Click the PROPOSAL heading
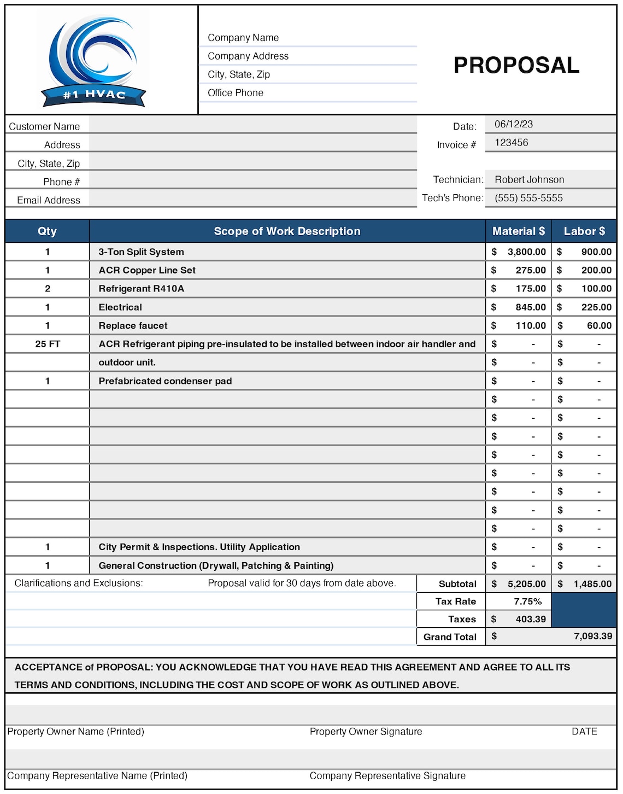[x=516, y=65]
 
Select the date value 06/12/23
[x=513, y=124]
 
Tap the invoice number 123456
[x=511, y=143]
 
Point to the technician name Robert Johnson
[x=529, y=179]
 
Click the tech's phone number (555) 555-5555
[x=528, y=198]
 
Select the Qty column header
[x=47, y=231]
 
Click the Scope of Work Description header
[x=287, y=231]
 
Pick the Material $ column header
[x=518, y=231]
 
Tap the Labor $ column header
[x=584, y=231]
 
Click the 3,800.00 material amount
[x=526, y=252]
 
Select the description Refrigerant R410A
[x=141, y=289]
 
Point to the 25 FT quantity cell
[x=48, y=344]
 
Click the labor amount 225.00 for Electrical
[x=596, y=307]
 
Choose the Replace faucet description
[x=133, y=325]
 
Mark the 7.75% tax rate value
[x=527, y=602]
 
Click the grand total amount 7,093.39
[x=592, y=636]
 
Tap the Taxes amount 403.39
[x=530, y=619]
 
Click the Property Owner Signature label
[x=366, y=732]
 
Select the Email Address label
[x=48, y=200]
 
